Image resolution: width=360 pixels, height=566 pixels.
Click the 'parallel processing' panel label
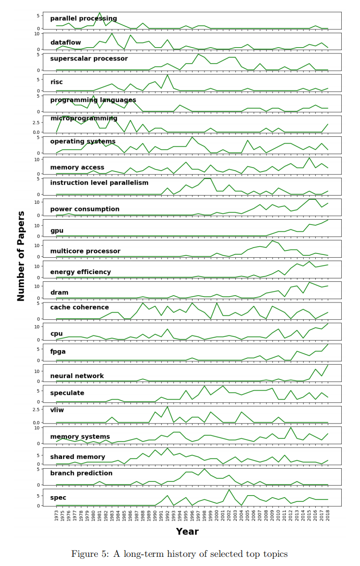coord(83,19)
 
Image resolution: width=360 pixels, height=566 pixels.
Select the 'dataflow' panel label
coord(65,43)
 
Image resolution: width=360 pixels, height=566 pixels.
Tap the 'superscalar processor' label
coord(89,59)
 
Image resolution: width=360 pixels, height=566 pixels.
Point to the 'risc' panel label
coord(56,82)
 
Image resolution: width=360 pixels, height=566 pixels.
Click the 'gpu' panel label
coord(57,231)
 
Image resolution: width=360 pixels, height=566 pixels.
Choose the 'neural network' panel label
coord(77,376)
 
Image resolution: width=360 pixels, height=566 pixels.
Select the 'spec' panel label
coord(58,498)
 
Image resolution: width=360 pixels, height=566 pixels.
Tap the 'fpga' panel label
coord(58,352)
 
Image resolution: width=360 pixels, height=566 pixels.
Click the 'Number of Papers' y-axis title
coord(21,256)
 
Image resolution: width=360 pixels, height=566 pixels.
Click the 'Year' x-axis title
coord(187,532)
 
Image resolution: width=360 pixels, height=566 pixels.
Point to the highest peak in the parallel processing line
coord(100,13)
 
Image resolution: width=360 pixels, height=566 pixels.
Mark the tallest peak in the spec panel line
coord(229,490)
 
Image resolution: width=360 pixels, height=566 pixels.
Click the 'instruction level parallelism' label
coord(99,183)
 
